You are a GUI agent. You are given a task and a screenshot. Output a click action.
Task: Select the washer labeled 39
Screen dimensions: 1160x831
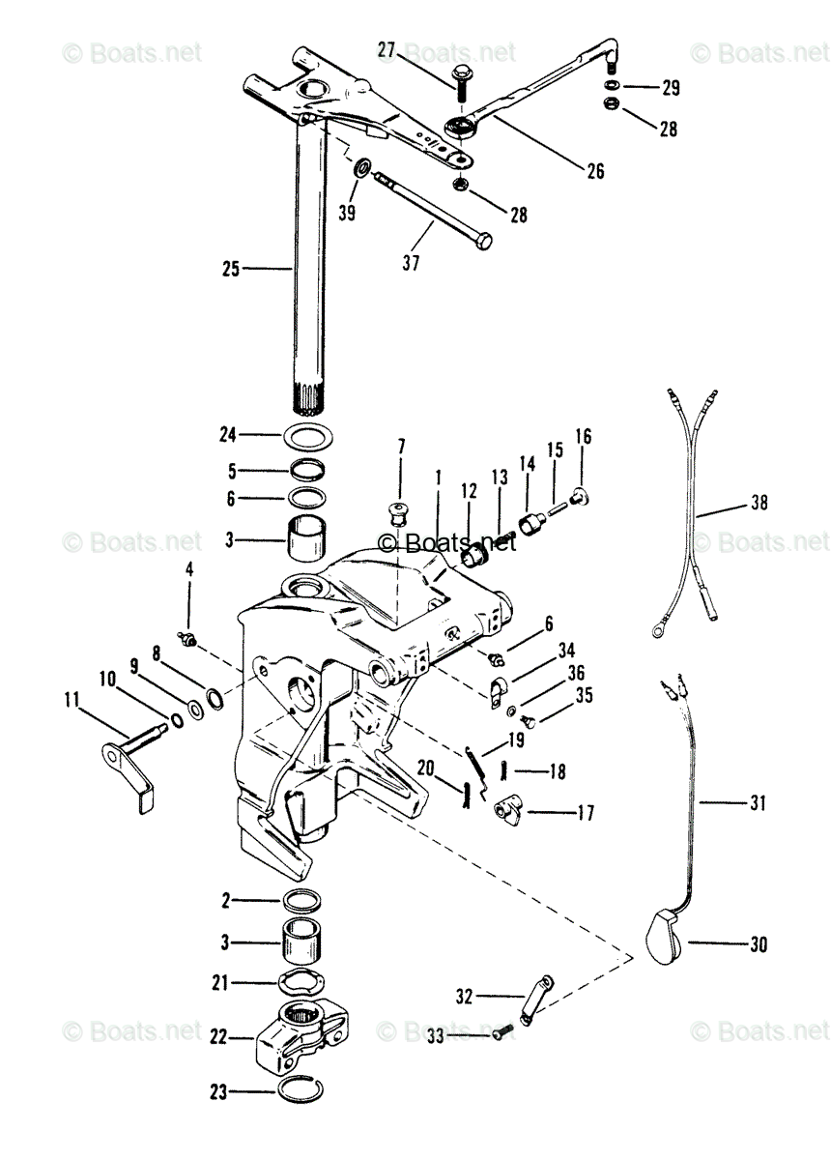pyautogui.click(x=362, y=169)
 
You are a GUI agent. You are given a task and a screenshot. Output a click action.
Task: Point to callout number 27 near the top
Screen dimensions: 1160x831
pyautogui.click(x=387, y=50)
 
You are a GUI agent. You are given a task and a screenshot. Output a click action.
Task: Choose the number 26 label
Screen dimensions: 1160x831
pyautogui.click(x=595, y=171)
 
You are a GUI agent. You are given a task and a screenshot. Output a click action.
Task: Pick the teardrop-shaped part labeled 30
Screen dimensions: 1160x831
pyautogui.click(x=662, y=935)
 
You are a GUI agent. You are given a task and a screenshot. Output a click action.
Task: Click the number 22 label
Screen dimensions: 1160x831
pyautogui.click(x=218, y=1037)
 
